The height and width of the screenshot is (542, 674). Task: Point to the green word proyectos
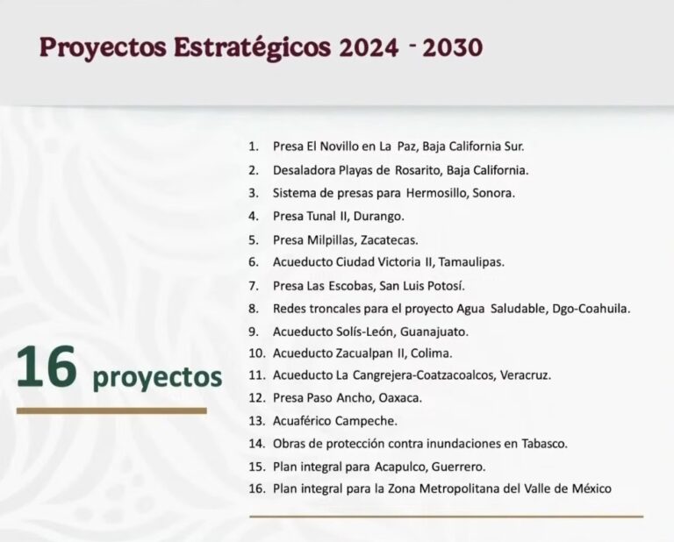[157, 378]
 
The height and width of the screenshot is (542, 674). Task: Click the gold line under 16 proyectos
[111, 410]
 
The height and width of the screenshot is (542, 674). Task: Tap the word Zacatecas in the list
[391, 239]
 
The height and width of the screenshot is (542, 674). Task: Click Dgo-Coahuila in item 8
[591, 308]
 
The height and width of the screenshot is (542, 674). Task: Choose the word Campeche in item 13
[367, 421]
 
